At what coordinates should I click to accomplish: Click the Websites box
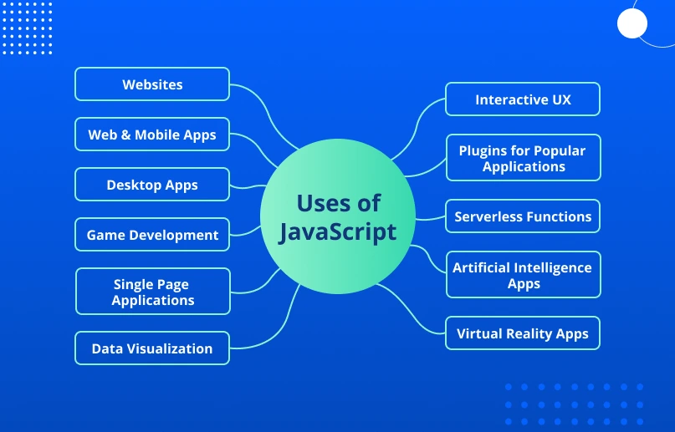click(x=152, y=84)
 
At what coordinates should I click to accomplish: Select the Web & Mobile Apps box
click(x=152, y=135)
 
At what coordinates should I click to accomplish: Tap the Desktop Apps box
click(x=152, y=185)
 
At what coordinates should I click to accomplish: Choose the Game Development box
click(x=152, y=235)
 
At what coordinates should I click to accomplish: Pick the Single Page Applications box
click(x=153, y=292)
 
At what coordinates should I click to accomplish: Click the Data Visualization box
click(x=152, y=348)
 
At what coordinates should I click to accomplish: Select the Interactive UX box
click(x=523, y=99)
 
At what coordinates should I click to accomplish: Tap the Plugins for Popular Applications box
click(x=524, y=158)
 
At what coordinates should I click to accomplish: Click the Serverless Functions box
click(x=523, y=216)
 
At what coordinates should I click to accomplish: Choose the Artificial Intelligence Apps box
click(x=524, y=275)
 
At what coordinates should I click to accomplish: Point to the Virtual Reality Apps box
click(x=523, y=333)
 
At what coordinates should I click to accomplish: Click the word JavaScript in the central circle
click(x=338, y=232)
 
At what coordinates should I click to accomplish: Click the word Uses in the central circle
click(x=320, y=203)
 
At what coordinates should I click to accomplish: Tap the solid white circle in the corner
click(x=632, y=23)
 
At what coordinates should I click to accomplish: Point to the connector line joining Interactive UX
click(x=416, y=129)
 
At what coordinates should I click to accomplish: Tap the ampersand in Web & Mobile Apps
click(x=125, y=135)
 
